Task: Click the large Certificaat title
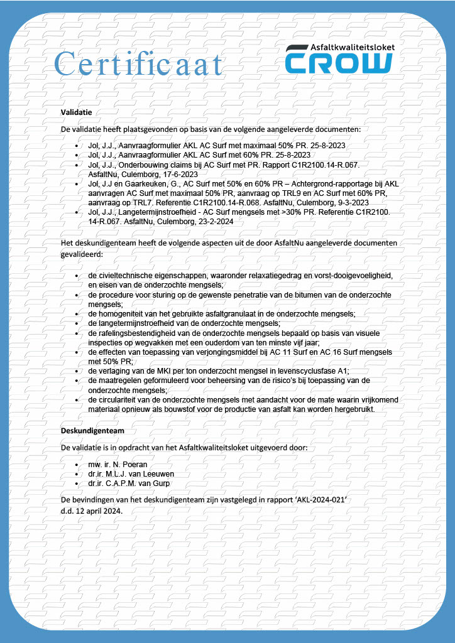[x=139, y=64]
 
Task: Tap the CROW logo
[x=338, y=63]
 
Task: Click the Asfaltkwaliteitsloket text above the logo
[x=351, y=47]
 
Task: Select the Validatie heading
[x=77, y=112]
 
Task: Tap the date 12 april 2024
[x=98, y=511]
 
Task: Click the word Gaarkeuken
[x=142, y=183]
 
